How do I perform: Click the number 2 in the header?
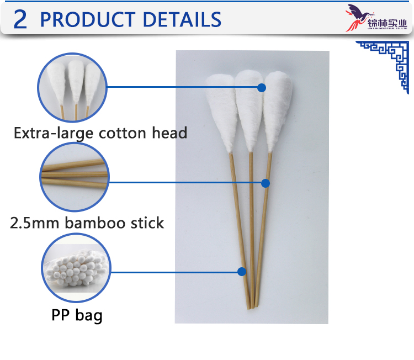pos(20,19)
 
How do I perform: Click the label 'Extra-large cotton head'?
pos(100,133)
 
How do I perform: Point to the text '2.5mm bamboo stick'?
pos(87,223)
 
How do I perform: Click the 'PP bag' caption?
pos(77,316)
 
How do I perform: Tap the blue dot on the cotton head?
pos(262,87)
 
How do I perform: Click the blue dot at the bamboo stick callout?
pos(266,183)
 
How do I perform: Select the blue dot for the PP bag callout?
pos(241,271)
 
